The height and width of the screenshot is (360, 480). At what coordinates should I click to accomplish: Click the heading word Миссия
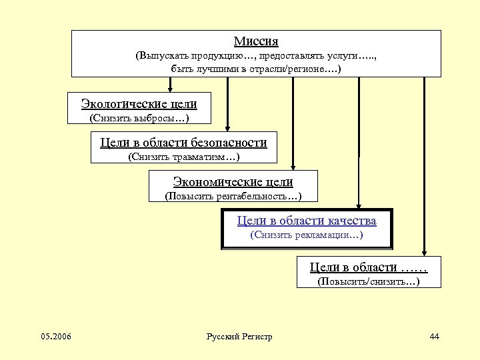[256, 41]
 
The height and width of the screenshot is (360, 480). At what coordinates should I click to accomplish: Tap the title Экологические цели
[139, 103]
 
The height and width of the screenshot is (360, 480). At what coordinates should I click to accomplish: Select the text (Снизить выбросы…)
[139, 119]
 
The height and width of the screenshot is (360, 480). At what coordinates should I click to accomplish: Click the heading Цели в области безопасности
[183, 142]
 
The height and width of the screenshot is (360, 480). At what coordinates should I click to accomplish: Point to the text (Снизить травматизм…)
[183, 157]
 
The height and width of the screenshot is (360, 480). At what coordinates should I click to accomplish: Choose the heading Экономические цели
[233, 181]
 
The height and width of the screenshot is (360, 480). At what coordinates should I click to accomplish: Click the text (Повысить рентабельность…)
[233, 197]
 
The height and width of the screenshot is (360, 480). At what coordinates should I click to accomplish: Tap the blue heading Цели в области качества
[307, 221]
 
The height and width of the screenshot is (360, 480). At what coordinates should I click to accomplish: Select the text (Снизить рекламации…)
[306, 235]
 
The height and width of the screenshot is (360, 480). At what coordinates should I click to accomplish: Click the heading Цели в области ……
[368, 267]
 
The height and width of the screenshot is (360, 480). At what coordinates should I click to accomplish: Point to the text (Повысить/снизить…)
[369, 282]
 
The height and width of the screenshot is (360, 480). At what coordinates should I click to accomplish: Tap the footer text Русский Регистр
[240, 337]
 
